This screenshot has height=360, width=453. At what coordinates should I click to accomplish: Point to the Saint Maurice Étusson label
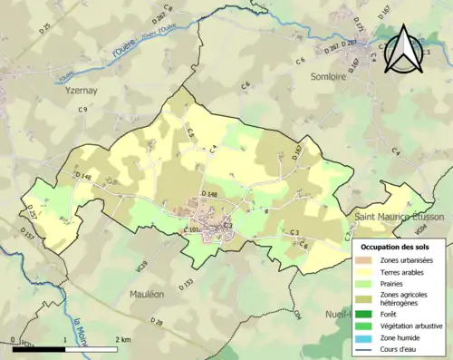400,218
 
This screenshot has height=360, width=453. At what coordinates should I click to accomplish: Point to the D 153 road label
187,285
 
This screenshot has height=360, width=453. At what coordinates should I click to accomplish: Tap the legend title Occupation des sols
400,246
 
